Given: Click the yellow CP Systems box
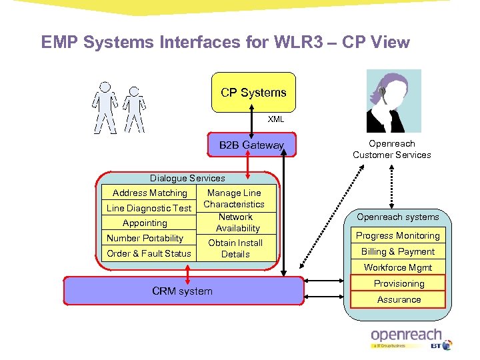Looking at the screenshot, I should (253, 93).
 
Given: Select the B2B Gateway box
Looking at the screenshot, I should (251, 145).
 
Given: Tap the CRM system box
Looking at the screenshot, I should (183, 291).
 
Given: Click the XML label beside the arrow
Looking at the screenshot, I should (276, 119).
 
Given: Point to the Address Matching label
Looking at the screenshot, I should (150, 193).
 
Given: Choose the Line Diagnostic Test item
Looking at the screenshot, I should (149, 208).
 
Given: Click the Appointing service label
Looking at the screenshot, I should (145, 223).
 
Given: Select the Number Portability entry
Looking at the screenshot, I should (145, 238).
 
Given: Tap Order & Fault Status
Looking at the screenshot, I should (149, 253).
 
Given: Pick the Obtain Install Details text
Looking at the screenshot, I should (235, 249).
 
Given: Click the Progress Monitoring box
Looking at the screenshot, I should (398, 235).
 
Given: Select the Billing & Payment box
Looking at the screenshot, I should (398, 251).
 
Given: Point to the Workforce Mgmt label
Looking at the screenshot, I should (398, 267).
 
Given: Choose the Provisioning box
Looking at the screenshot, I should (399, 283).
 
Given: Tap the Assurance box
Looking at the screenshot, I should (399, 299).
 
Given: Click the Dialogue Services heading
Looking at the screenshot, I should (187, 178).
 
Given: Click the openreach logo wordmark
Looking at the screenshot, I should (407, 335).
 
